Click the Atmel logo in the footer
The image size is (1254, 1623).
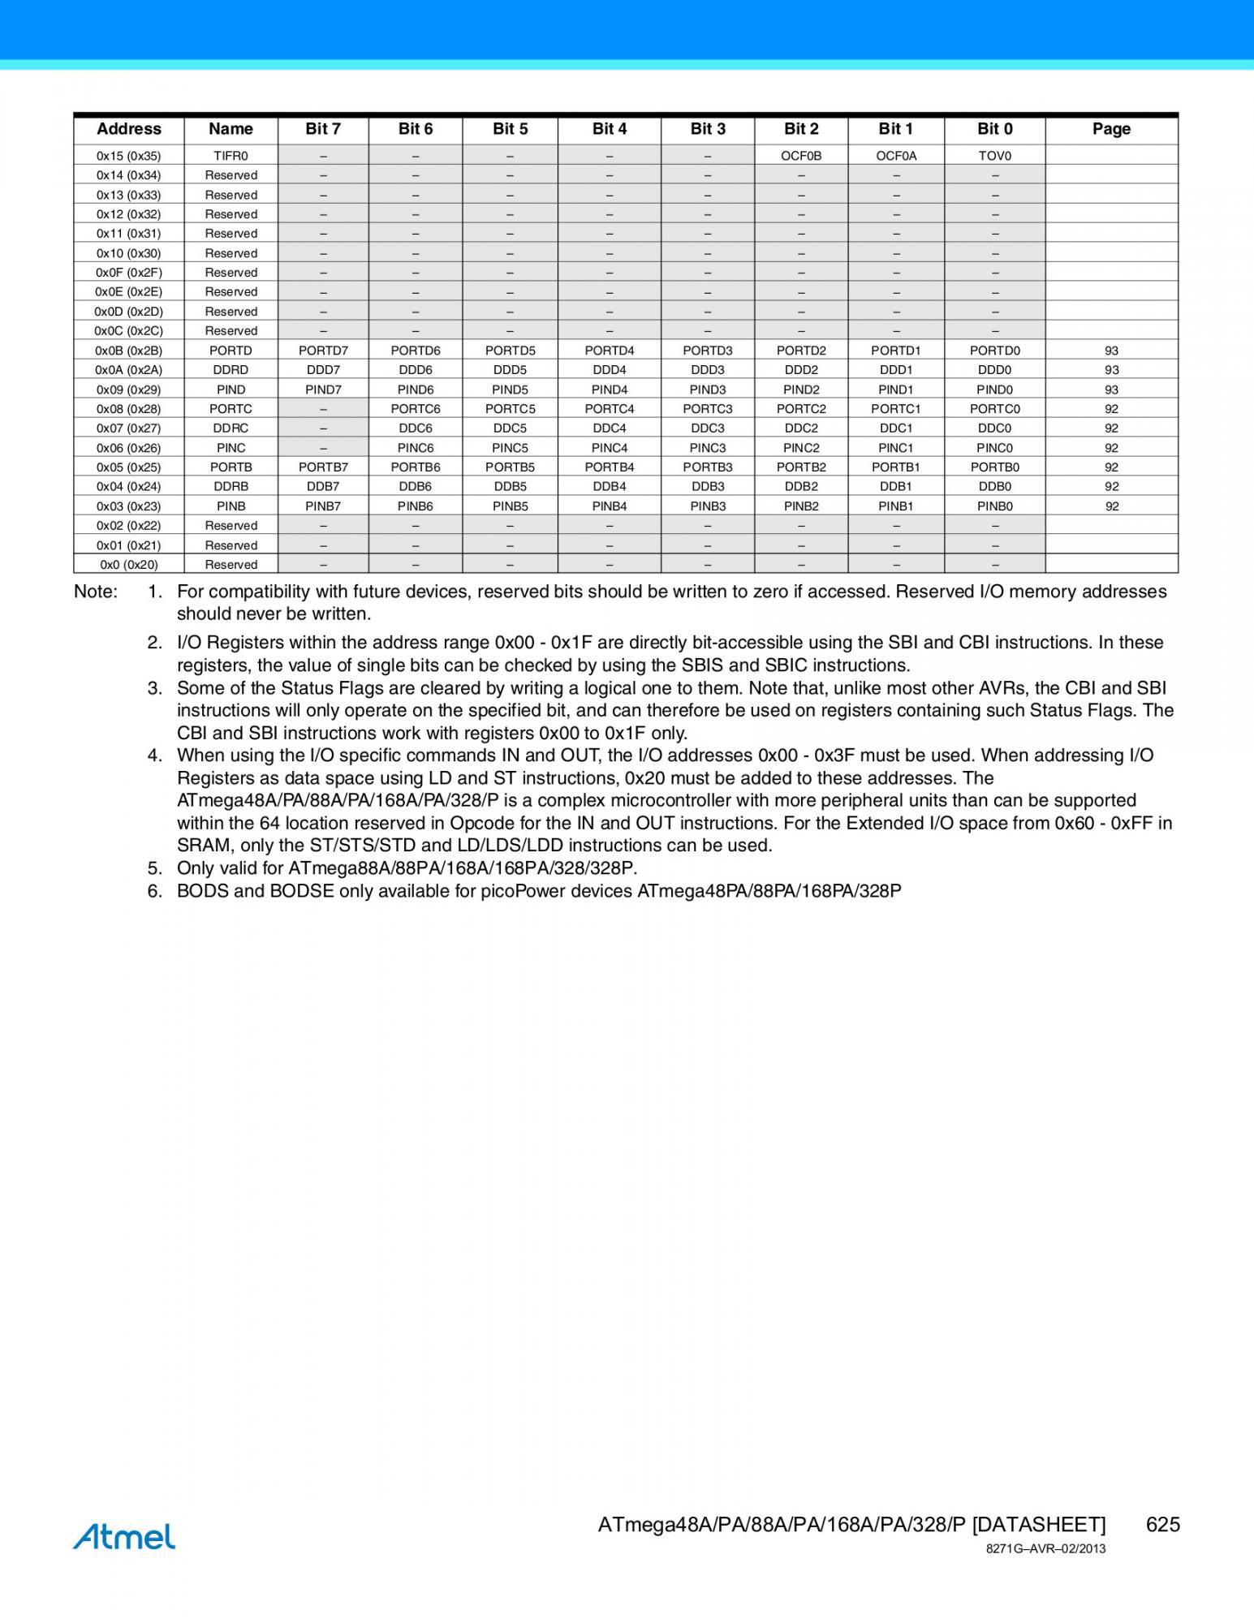(123, 1536)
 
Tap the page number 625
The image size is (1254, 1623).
(1162, 1524)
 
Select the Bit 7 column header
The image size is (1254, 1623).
(323, 129)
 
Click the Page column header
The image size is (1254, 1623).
(1111, 129)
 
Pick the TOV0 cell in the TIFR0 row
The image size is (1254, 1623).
(994, 156)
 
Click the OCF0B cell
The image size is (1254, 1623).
(801, 156)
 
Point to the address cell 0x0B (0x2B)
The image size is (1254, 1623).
(128, 351)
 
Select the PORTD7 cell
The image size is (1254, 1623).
(323, 351)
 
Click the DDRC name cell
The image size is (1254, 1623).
(231, 428)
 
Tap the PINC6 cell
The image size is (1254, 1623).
(416, 448)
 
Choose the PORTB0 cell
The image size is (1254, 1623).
(994, 467)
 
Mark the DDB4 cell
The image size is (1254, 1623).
(610, 487)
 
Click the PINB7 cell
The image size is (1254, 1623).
(323, 506)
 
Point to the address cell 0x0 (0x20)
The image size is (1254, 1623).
(128, 565)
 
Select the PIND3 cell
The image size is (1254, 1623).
(708, 390)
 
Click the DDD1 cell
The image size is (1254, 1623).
(896, 370)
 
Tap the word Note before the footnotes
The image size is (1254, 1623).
(95, 592)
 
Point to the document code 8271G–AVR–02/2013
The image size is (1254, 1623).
(1045, 1548)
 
